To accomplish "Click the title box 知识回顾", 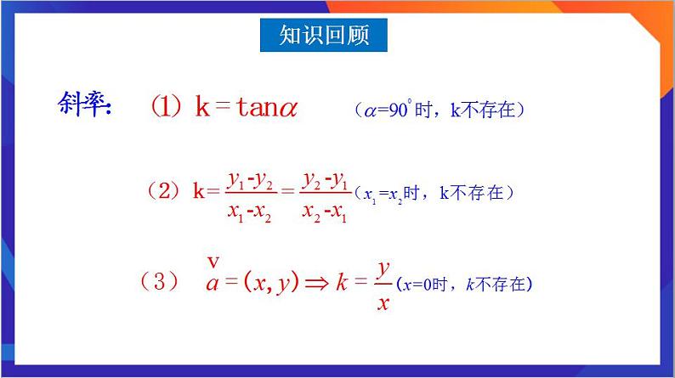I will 325,36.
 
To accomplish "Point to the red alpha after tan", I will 286,108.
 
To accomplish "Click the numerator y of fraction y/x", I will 383,268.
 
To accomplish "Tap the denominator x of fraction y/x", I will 383,301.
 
